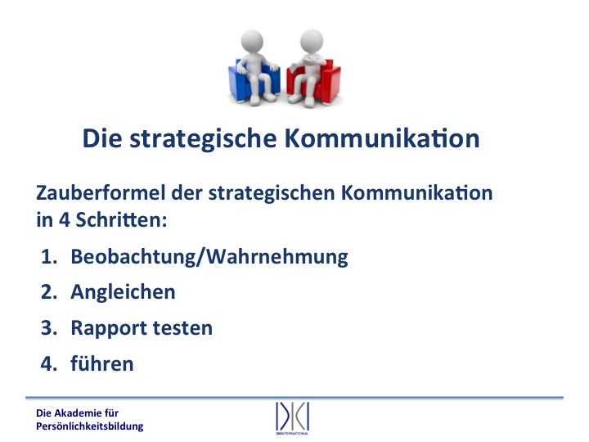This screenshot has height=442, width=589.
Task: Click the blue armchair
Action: [236, 81]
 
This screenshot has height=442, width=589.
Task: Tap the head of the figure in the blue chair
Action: [252, 41]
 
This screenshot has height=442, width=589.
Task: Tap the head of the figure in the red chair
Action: [312, 41]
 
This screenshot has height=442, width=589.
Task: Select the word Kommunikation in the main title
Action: [382, 138]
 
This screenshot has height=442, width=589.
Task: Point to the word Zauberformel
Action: [101, 192]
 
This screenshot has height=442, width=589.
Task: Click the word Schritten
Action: [121, 219]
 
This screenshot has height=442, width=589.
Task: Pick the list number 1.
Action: [49, 257]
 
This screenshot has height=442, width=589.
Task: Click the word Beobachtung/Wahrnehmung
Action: [209, 258]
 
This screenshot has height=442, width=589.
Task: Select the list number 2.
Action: [49, 292]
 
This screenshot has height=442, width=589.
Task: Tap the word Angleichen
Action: [123, 292]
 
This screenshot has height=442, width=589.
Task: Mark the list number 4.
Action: [49, 363]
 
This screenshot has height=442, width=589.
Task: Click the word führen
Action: [102, 363]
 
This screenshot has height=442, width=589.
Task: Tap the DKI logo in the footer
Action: [292, 417]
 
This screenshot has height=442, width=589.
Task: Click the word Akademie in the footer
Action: [78, 413]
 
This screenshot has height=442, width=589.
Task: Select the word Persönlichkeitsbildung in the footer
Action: [90, 426]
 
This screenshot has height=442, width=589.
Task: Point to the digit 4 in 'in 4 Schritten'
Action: [65, 220]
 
